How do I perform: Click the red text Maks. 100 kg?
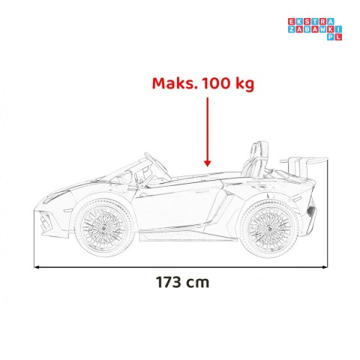click(203, 83)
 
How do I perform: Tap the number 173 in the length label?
click(169, 282)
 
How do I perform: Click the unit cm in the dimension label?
click(197, 283)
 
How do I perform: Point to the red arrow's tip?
click(207, 166)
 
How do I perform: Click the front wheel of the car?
click(103, 227)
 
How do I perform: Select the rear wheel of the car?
click(269, 229)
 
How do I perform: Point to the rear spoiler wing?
click(304, 160)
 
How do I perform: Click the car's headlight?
click(55, 196)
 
